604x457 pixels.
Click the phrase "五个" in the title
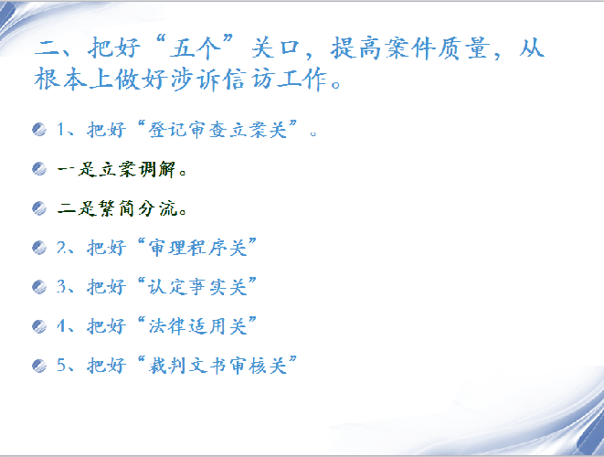(x=196, y=48)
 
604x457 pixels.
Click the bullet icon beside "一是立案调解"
(x=39, y=168)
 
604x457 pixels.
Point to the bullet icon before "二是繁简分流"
(x=39, y=208)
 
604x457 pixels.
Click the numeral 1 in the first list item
(x=61, y=129)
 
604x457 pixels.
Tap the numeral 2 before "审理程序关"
(x=61, y=247)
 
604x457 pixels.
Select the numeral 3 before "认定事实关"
(x=61, y=286)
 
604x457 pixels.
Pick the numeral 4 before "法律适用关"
(x=61, y=326)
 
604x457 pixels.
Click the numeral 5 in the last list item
(x=61, y=365)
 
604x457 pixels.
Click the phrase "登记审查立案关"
(x=217, y=130)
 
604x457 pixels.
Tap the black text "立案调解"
(x=137, y=169)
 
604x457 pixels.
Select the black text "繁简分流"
(x=137, y=208)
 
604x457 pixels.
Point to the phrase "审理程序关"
(x=197, y=248)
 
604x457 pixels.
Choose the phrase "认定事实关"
(x=197, y=287)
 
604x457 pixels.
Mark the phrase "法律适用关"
(x=197, y=326)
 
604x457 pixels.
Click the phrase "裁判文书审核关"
(x=217, y=366)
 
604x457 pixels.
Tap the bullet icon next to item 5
(x=39, y=366)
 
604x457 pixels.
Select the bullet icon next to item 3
(x=39, y=287)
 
